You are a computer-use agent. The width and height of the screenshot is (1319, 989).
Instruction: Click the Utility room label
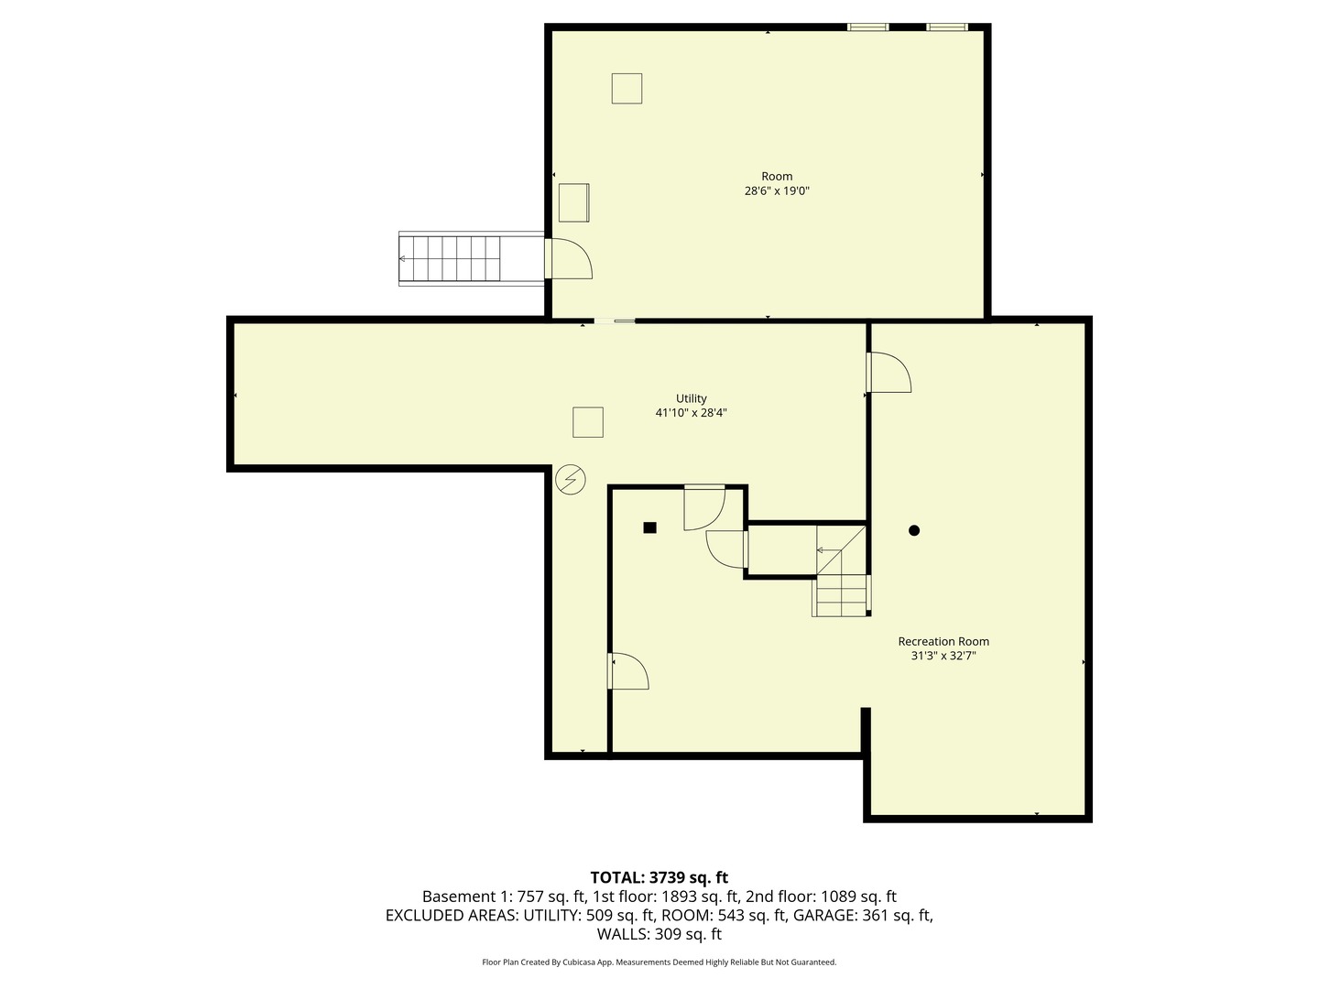pyautogui.click(x=691, y=398)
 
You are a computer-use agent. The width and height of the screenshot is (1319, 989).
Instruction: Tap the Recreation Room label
pyautogui.click(x=943, y=642)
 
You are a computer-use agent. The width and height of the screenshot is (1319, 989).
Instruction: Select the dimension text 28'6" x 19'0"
pyautogui.click(x=777, y=191)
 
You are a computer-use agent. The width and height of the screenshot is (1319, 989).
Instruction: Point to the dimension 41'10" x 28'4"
pyautogui.click(x=691, y=413)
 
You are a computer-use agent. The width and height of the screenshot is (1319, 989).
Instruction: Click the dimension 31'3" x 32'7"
pyautogui.click(x=943, y=656)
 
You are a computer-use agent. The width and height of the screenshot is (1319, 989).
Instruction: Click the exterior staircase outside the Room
pyautogui.click(x=451, y=259)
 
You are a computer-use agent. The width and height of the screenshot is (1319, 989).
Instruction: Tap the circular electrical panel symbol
pyautogui.click(x=571, y=480)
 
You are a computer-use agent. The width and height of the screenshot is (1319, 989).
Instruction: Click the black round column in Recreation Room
pyautogui.click(x=913, y=530)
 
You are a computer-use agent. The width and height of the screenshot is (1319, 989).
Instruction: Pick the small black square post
pyautogui.click(x=649, y=527)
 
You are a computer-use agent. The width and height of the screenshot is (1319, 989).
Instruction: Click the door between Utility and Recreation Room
pyautogui.click(x=887, y=373)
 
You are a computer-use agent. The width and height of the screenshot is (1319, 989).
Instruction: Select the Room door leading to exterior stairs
pyautogui.click(x=568, y=258)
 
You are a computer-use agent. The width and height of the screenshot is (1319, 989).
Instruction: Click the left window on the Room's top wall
pyautogui.click(x=867, y=27)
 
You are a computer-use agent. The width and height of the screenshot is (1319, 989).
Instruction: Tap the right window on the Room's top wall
pyautogui.click(x=947, y=27)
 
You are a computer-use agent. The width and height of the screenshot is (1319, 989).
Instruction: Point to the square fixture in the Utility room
pyautogui.click(x=588, y=422)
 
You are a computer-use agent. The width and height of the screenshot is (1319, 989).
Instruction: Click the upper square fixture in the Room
pyautogui.click(x=627, y=88)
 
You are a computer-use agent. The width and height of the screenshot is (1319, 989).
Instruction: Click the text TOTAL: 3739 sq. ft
pyautogui.click(x=659, y=877)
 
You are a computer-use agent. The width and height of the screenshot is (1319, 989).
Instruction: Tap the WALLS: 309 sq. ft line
pyautogui.click(x=659, y=934)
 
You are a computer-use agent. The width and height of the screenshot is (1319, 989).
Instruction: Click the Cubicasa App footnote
pyautogui.click(x=659, y=962)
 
